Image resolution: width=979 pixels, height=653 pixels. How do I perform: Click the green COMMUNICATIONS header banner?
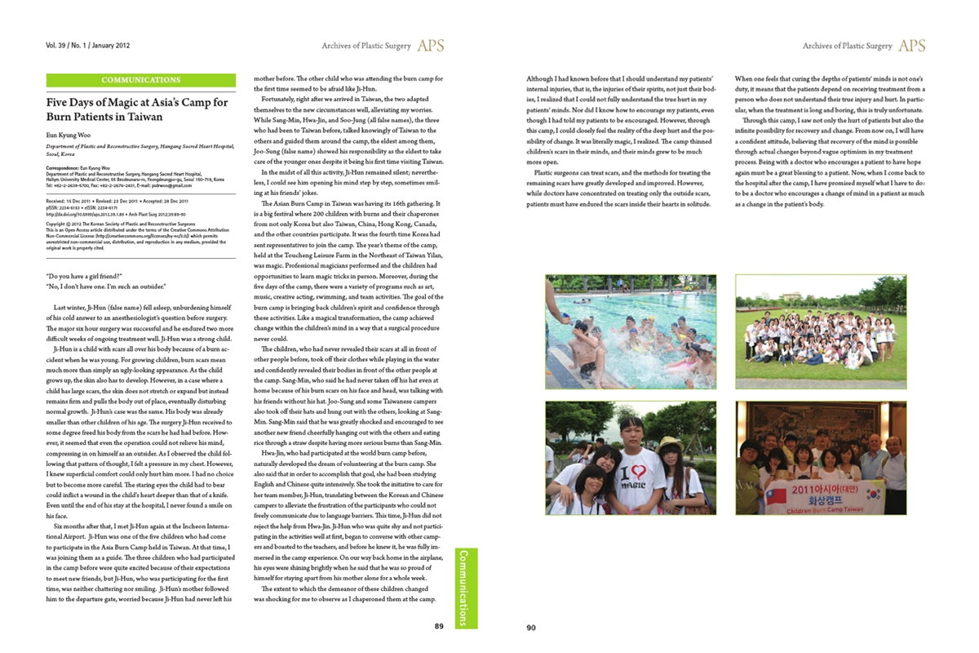click(x=141, y=80)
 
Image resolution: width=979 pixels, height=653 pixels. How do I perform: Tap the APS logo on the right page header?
click(x=911, y=46)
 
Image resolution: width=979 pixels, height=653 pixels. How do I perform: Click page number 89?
click(x=438, y=627)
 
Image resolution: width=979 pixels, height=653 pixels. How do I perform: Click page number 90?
click(x=530, y=628)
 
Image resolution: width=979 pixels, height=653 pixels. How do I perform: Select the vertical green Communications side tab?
click(x=464, y=588)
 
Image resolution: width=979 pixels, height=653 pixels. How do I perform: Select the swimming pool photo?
click(x=630, y=331)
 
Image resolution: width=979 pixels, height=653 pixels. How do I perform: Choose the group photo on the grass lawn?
click(x=821, y=331)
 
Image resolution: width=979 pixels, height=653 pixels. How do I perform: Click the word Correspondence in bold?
click(x=62, y=167)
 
